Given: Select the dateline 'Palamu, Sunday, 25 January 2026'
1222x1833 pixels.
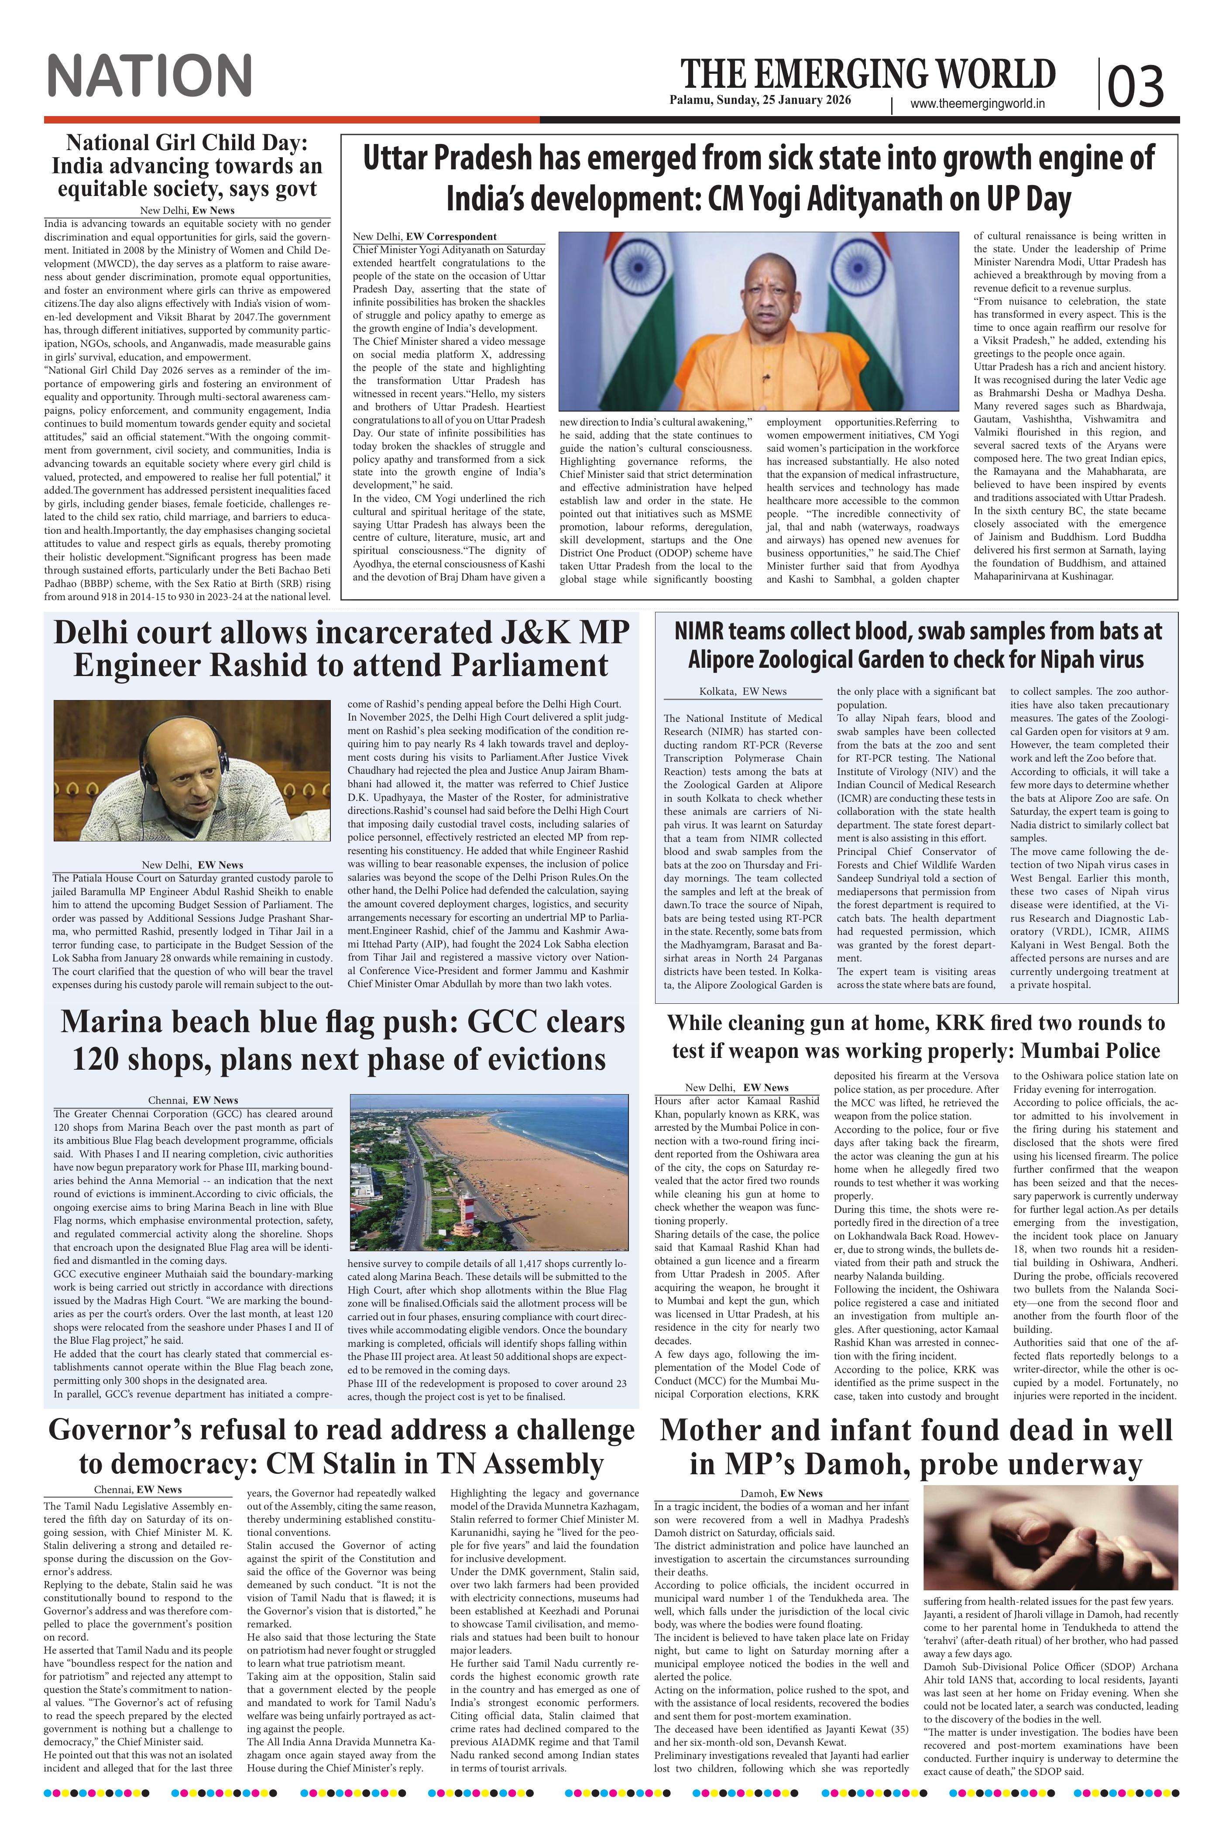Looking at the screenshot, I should (x=760, y=100).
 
